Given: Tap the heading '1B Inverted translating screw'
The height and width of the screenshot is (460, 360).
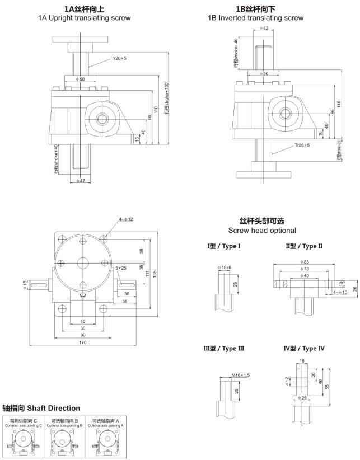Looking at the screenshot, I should (255, 18).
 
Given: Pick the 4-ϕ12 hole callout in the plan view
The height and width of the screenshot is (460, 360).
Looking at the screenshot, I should (125, 219).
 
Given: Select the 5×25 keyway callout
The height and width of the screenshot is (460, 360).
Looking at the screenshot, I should (121, 268).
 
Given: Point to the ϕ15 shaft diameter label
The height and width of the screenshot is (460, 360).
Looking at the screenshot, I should (25, 285).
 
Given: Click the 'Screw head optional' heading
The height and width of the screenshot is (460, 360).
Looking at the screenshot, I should (262, 231).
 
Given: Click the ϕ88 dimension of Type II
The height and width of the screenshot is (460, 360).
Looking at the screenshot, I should (305, 261).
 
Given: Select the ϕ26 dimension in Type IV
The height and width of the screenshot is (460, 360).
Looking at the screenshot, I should (303, 398).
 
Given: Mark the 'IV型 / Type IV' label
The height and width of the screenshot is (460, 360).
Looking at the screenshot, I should (304, 348).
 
